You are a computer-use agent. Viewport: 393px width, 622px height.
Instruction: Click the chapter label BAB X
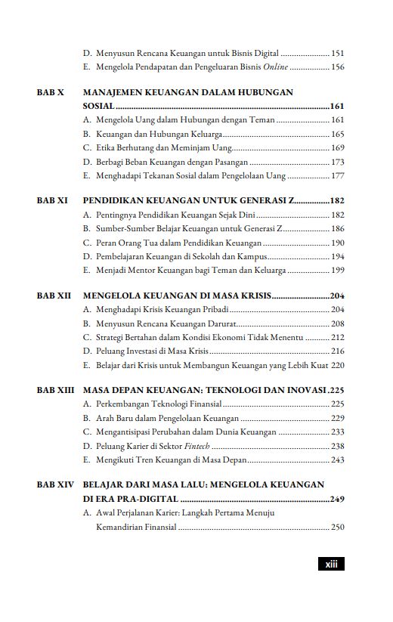pos(50,92)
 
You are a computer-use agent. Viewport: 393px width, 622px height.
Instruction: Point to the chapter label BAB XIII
pos(55,391)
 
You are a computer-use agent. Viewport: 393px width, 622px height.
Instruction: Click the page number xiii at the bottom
pos(330,563)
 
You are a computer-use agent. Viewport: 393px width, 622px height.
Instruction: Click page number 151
pos(338,54)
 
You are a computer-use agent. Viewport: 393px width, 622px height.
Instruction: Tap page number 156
pos(338,67)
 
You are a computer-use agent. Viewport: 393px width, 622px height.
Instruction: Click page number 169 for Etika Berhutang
pos(338,147)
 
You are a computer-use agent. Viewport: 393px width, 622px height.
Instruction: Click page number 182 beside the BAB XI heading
pos(337,201)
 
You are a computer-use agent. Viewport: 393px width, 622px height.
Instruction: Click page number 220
pos(338,365)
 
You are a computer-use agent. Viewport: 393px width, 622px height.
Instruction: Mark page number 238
pos(338,446)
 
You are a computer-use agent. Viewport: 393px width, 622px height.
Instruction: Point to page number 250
pos(338,528)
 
